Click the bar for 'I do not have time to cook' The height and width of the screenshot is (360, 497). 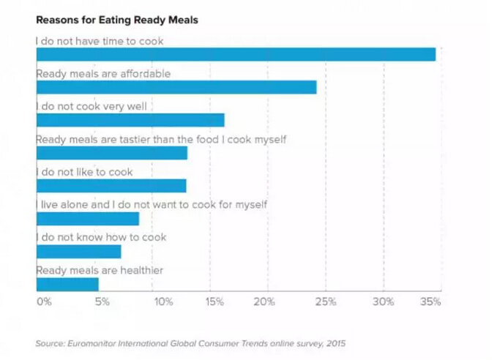(236, 54)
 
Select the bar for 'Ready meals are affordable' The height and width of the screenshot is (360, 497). (176, 87)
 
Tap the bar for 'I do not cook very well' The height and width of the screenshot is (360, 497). (130, 120)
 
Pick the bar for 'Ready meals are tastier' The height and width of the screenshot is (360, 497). (111, 153)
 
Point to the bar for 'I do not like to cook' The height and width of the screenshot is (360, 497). (111, 186)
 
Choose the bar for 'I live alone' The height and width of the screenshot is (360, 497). (87, 219)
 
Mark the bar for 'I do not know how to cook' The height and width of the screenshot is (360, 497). (78, 252)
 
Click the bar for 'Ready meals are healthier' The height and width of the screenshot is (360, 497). (67, 284)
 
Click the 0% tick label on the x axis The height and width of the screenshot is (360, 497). (43, 301)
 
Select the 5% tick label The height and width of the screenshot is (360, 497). (102, 301)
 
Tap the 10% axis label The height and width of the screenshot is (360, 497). (162, 301)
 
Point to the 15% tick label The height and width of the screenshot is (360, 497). (215, 301)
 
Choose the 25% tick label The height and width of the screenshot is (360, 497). (326, 301)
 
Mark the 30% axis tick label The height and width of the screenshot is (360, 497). (384, 301)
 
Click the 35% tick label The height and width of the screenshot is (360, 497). (431, 301)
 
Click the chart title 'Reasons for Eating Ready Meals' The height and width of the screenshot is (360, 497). (117, 20)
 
